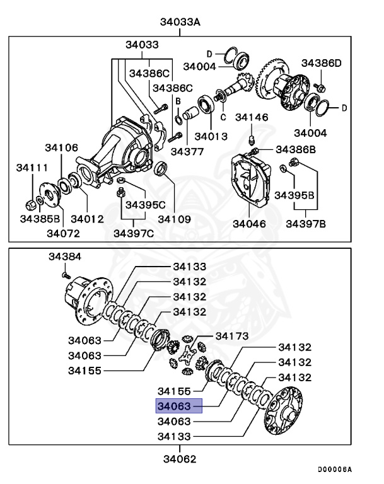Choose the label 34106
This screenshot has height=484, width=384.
pos(61,147)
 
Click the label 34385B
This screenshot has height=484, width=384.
pos(39,219)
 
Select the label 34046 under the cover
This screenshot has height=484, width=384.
pos(249,223)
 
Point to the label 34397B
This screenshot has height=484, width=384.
pos(306,223)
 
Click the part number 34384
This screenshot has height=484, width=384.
pos(66,257)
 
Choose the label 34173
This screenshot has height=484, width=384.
pos(232,335)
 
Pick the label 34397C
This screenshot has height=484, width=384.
pos(134,233)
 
